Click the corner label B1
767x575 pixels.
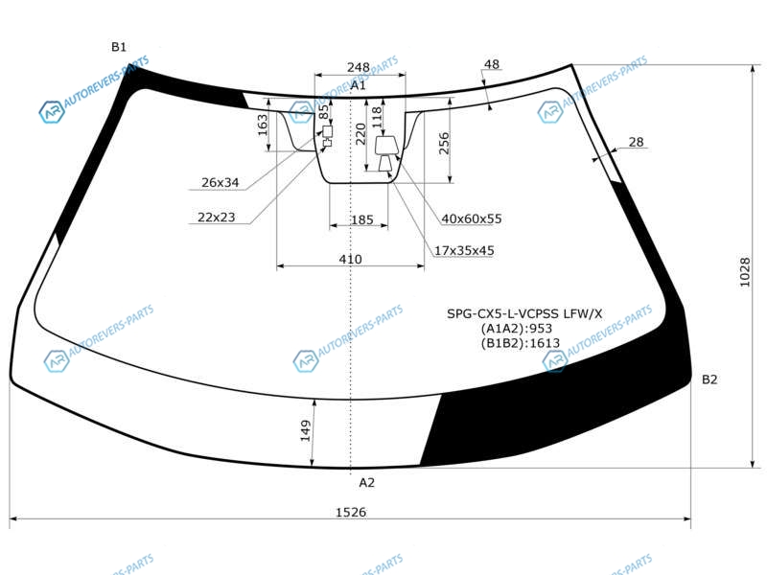pyautogui.click(x=119, y=47)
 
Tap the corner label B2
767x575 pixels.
pyautogui.click(x=709, y=379)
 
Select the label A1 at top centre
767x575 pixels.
pyautogui.click(x=358, y=85)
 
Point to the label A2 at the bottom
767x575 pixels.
pyautogui.click(x=366, y=483)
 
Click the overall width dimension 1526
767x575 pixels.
pyautogui.click(x=351, y=512)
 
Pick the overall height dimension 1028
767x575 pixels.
pyautogui.click(x=745, y=272)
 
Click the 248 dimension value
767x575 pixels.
pyautogui.click(x=358, y=67)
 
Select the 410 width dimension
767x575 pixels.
pyautogui.click(x=350, y=259)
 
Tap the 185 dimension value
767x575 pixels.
pyautogui.click(x=362, y=220)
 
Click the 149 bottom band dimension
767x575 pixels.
pyautogui.click(x=305, y=430)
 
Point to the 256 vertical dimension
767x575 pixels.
pyautogui.click(x=444, y=143)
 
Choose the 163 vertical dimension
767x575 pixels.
pyautogui.click(x=263, y=125)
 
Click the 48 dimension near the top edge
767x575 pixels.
pyautogui.click(x=492, y=64)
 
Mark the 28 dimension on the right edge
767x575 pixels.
pyautogui.click(x=636, y=142)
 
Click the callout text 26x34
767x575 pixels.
pyautogui.click(x=221, y=182)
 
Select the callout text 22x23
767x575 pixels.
pyautogui.click(x=217, y=218)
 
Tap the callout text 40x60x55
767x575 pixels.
pyautogui.click(x=472, y=218)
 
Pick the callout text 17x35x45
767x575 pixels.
pyautogui.click(x=464, y=250)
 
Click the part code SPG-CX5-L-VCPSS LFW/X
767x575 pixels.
pyautogui.click(x=524, y=313)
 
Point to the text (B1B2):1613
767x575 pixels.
pyautogui.click(x=521, y=343)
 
